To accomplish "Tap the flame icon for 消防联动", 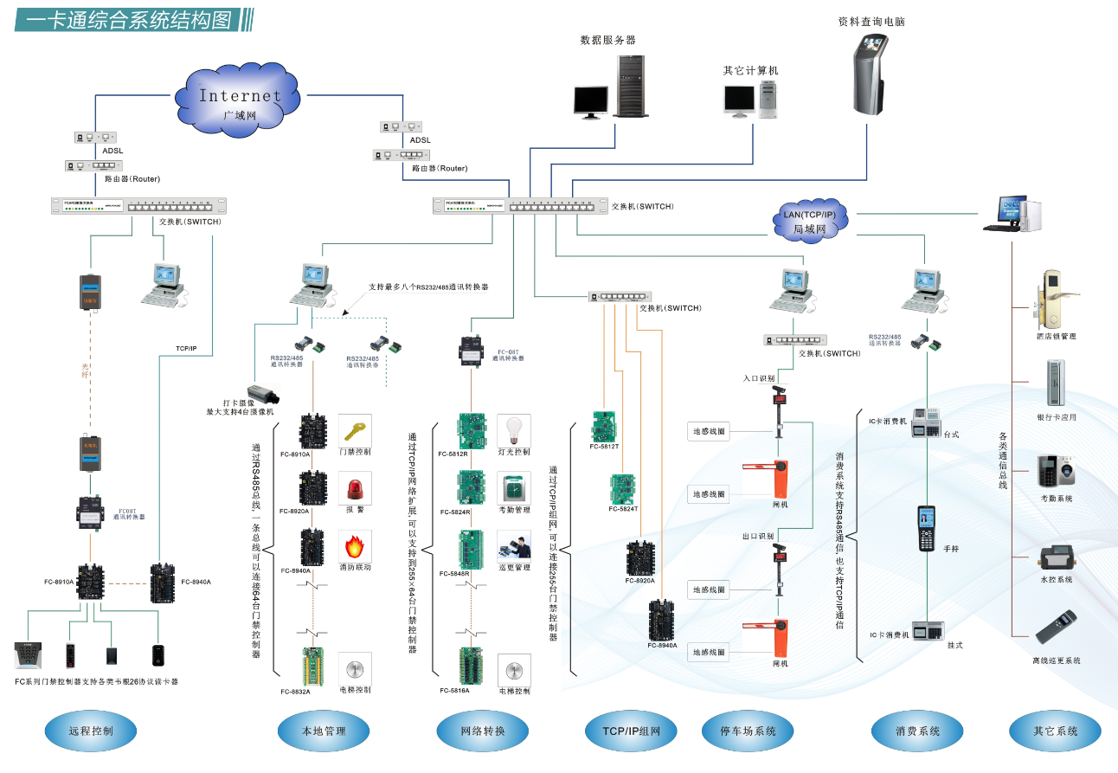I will [x=354, y=547].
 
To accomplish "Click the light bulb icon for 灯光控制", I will [x=514, y=429].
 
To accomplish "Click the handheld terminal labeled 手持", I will [x=927, y=528].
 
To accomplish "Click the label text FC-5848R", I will [x=454, y=574].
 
